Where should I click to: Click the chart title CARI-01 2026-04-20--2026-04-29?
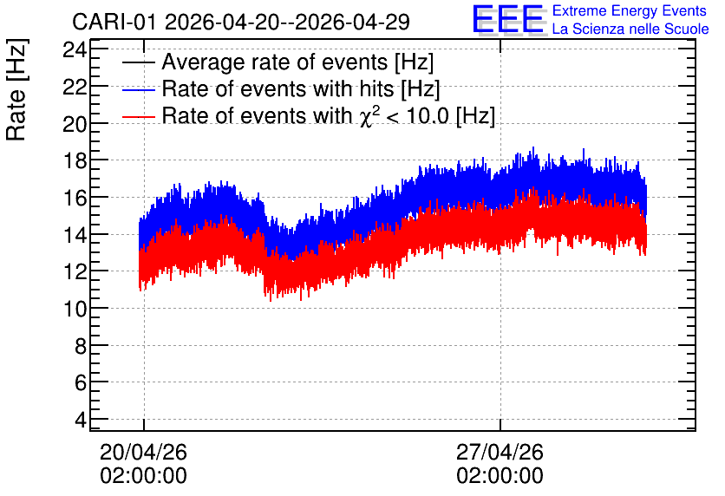coord(241,22)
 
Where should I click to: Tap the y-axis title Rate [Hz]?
coord(16,89)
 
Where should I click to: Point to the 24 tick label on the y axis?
coord(75,49)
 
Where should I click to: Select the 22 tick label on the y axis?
coord(75,86)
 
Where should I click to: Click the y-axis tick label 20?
coord(75,123)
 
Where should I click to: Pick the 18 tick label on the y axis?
coord(75,160)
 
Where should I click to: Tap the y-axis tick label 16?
coord(75,198)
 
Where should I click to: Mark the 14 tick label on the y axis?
coord(75,234)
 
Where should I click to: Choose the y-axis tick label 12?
coord(75,271)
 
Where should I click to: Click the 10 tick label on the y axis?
coord(75,309)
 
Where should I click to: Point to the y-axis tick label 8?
coord(81,345)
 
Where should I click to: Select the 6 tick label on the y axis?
coord(81,382)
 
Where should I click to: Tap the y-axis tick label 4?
coord(81,420)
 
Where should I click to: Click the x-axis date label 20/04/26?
coord(143,452)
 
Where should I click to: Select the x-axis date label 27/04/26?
coord(500,452)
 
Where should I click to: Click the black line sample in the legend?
coord(139,62)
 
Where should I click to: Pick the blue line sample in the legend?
coord(139,89)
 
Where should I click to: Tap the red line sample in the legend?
coord(139,116)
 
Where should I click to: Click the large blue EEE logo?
coord(508,20)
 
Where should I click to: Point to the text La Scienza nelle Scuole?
coord(630,29)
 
